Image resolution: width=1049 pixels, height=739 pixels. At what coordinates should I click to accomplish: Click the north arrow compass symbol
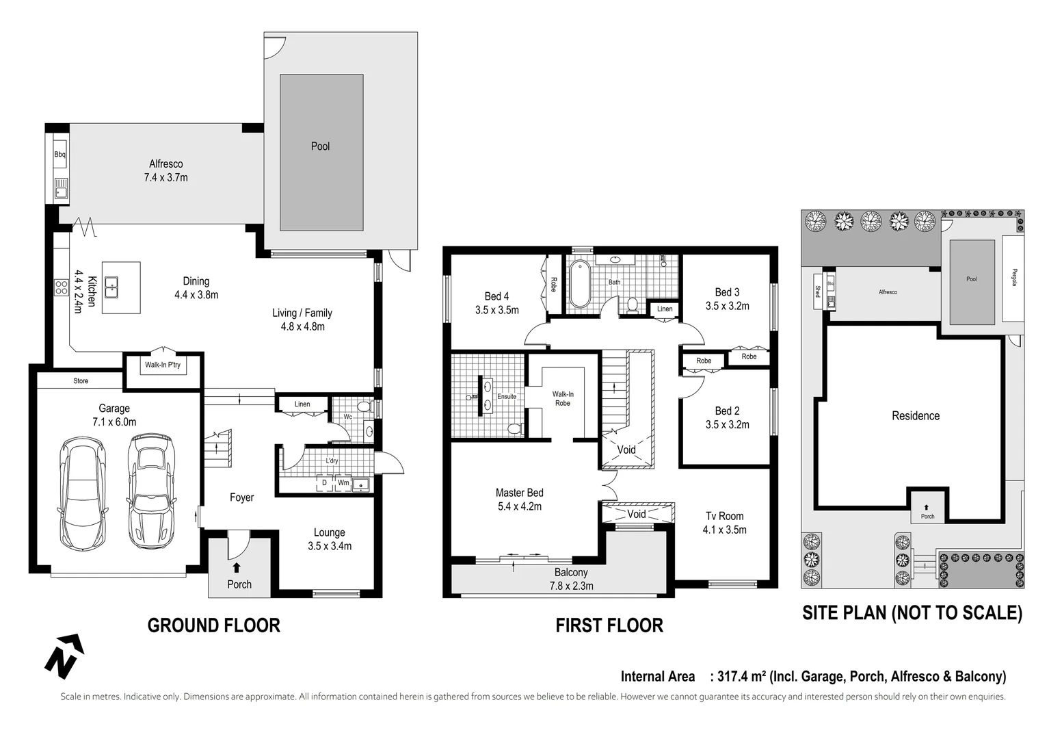(x=64, y=656)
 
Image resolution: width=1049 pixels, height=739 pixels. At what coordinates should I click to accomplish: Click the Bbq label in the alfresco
(x=60, y=155)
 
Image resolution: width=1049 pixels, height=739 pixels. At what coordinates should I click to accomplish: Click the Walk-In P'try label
(x=163, y=365)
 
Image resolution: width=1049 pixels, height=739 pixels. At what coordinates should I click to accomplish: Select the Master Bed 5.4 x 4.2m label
(x=519, y=500)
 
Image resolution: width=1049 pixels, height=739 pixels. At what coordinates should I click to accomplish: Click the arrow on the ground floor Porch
(x=237, y=567)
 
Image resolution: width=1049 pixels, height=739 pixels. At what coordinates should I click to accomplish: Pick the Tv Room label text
(x=724, y=516)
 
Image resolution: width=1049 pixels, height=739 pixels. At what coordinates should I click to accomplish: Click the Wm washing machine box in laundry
(x=343, y=482)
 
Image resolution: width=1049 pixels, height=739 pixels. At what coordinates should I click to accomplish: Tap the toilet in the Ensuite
(x=514, y=429)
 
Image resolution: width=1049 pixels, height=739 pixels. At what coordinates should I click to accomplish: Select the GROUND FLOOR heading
(x=213, y=625)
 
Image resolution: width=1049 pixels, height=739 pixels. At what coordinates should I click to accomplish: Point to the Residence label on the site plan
(x=915, y=415)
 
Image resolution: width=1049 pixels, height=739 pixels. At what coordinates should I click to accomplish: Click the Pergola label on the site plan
(x=1014, y=277)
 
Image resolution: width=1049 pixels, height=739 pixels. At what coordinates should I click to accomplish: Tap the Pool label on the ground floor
(x=320, y=146)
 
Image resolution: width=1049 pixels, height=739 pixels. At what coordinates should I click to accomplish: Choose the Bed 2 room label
(x=727, y=411)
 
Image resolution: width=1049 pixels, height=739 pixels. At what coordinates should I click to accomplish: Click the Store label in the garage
(x=81, y=380)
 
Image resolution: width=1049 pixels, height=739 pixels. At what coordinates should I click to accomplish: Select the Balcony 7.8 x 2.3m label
(x=571, y=579)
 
